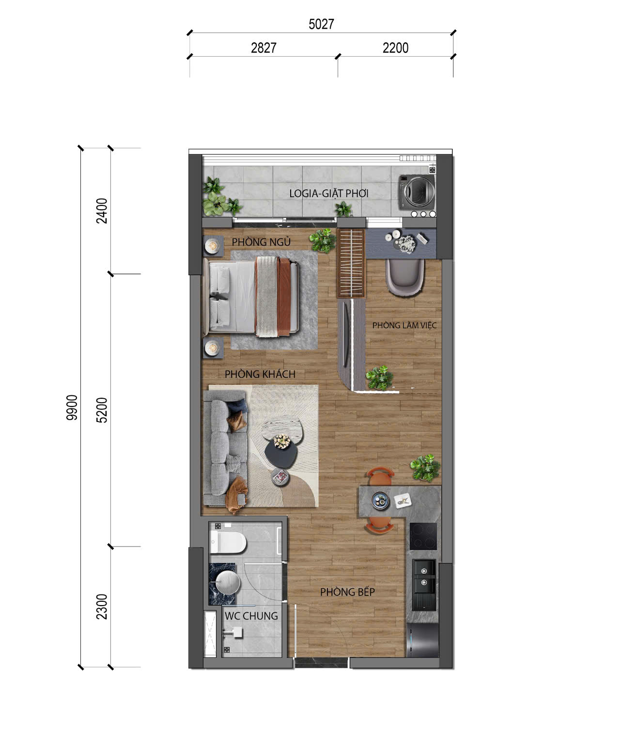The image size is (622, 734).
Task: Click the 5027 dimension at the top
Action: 321,24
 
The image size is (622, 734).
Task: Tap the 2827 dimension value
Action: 264,48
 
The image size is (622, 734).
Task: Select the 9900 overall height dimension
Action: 72,407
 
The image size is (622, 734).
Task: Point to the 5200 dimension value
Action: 102,410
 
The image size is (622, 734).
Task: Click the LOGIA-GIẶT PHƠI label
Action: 329,193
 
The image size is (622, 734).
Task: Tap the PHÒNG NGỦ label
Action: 261,242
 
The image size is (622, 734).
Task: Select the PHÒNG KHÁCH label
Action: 260,374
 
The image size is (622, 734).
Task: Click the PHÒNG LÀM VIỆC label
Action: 404,325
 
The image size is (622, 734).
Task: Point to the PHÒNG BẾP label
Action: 347,592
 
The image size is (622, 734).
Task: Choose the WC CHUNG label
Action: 251,616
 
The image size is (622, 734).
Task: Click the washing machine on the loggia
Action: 417,192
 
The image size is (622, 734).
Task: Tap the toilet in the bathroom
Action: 228,542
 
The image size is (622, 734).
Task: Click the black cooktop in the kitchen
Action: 423,536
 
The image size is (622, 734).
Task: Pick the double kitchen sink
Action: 424,584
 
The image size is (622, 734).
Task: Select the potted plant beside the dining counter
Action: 425,468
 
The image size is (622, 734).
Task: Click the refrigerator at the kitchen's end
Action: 422,640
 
